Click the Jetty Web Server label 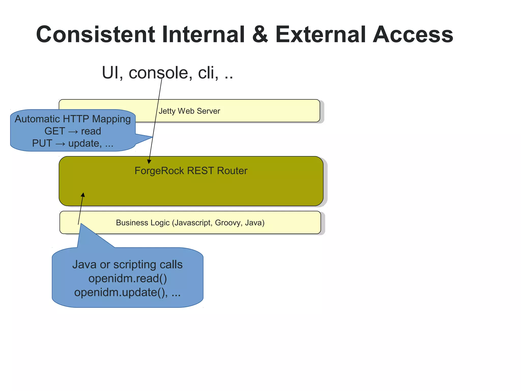pos(189,111)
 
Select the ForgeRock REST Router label pos(191,171)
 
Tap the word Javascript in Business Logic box pos(193,223)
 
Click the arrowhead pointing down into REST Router pos(149,162)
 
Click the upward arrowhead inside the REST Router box pos(83,195)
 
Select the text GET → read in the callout pos(73,131)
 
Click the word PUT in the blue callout pos(42,143)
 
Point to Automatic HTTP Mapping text pos(73,119)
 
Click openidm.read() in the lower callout pos(127,278)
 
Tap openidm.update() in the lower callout pos(121,292)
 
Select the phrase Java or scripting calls pos(127,264)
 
